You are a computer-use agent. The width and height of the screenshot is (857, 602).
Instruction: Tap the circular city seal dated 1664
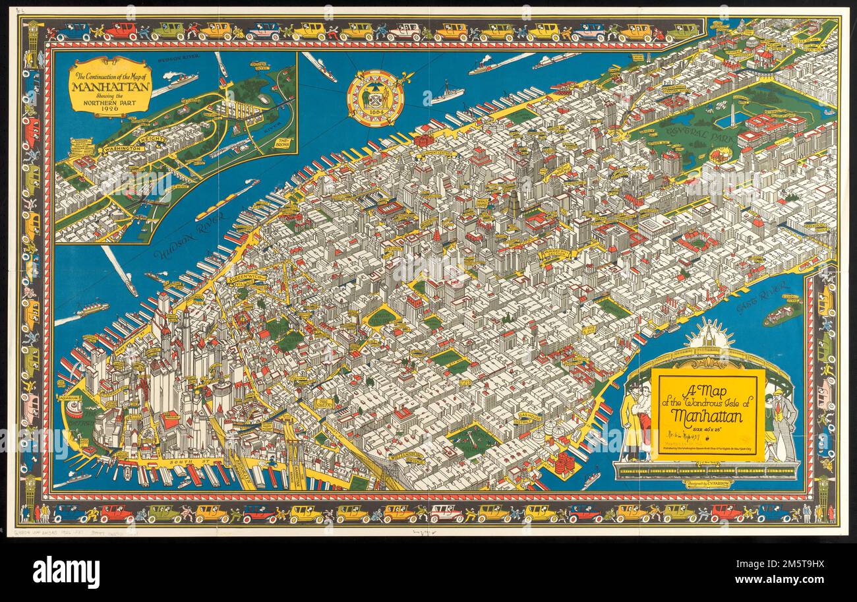375,98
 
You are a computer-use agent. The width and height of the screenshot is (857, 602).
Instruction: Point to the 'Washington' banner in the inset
121,149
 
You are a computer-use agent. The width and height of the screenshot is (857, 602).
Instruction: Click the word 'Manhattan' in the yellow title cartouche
707,416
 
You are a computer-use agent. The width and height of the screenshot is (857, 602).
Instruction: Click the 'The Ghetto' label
324,403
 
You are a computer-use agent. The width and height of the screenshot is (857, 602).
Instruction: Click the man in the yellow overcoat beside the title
633,422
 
